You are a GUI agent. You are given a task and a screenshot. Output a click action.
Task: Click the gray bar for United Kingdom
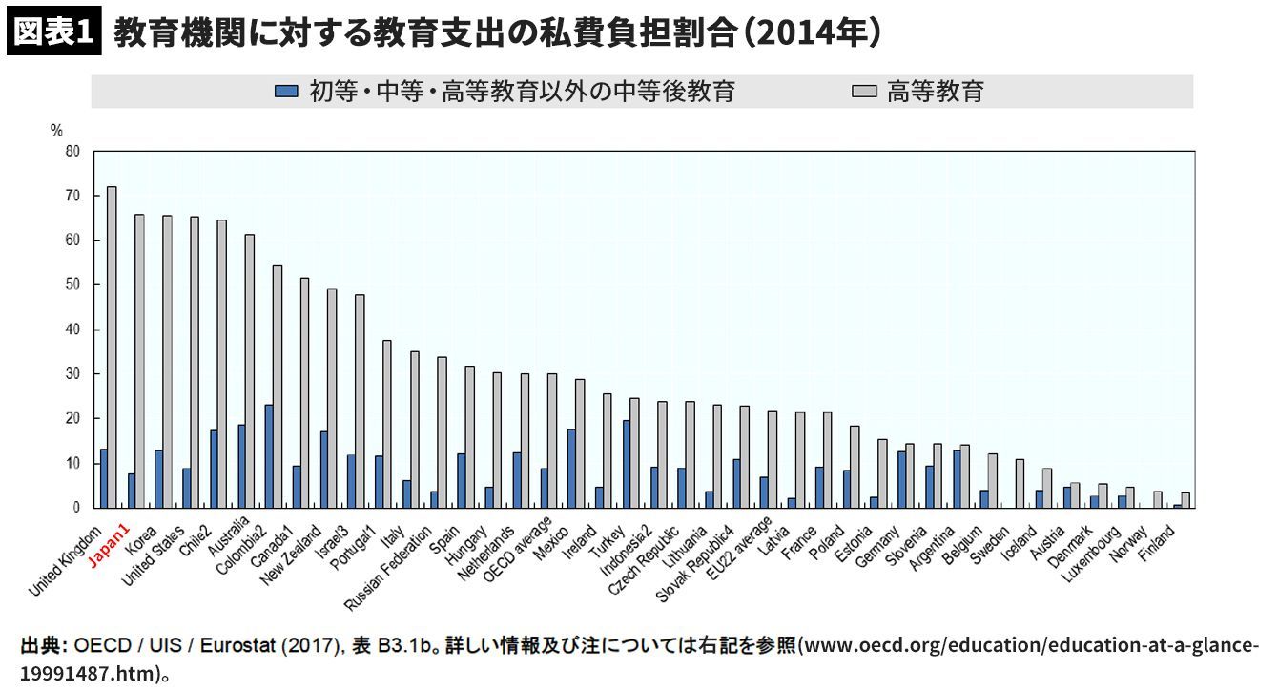112,347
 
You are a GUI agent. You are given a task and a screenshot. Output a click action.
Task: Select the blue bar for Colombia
269,456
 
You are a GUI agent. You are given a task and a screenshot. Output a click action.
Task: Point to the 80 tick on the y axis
72,151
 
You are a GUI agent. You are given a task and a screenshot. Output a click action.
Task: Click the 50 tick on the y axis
72,284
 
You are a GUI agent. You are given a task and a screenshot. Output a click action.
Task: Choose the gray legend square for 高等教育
864,92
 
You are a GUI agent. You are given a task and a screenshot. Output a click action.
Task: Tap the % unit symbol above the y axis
56,130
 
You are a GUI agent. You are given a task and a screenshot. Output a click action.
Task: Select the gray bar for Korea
167,362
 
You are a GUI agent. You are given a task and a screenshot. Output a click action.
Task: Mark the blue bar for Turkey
627,464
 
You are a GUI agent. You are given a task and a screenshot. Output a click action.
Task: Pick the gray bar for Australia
250,371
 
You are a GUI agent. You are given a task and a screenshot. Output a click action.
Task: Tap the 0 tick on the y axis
75,508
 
